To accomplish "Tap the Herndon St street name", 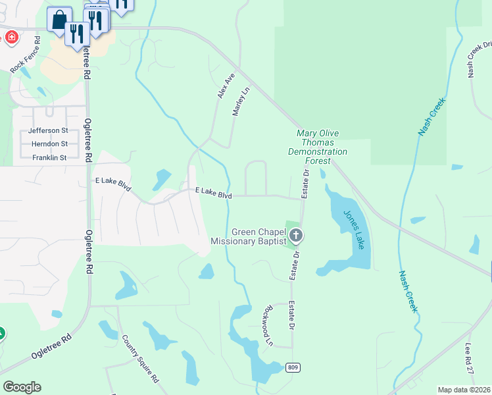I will (x=50, y=144).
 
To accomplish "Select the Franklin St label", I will (x=49, y=158).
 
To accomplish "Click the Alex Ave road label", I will (x=226, y=86).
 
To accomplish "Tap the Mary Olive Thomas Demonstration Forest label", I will (x=318, y=142).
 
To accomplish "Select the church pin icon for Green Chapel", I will (x=296, y=235).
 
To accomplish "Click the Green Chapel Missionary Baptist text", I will (x=249, y=237).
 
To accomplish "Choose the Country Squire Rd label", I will (x=140, y=359).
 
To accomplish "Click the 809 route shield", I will (x=293, y=367).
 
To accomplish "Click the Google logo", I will (x=22, y=386).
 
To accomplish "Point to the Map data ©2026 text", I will (x=464, y=390).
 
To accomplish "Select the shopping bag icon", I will (x=59, y=19).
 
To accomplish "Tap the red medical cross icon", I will (x=11, y=37).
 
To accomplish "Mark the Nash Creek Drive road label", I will (x=480, y=56).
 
